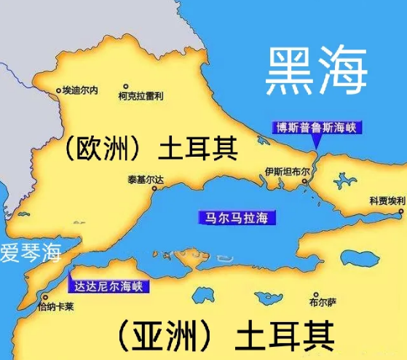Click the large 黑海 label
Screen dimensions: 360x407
[x=315, y=71]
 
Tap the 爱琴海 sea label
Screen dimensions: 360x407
[x=29, y=254]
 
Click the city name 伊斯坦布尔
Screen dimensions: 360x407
[x=288, y=173]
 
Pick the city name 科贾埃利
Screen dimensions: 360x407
[x=387, y=200]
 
